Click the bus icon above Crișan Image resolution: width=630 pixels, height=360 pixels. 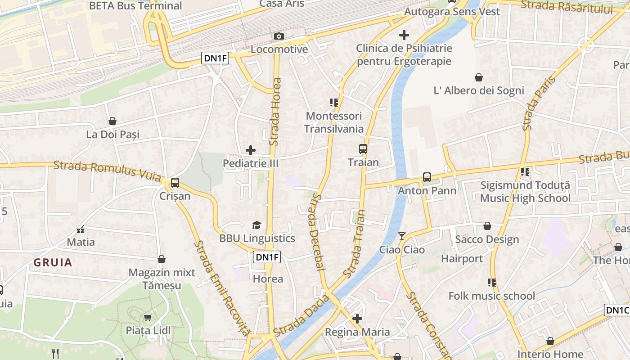coord(175,183)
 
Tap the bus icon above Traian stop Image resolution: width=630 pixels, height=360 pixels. coord(363,149)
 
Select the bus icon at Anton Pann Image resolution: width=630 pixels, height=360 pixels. coord(427,177)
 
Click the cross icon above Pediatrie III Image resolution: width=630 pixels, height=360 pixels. coord(251,150)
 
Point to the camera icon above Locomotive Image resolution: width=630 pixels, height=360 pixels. coord(279,36)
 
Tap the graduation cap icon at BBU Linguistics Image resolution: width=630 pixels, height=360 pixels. coord(256,225)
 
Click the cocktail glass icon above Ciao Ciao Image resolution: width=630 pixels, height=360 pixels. coord(402,236)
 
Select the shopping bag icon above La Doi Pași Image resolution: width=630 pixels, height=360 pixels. coord(112,121)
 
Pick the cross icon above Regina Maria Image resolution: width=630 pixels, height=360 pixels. coord(357,319)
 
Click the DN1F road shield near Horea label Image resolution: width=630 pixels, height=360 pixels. coord(267,257)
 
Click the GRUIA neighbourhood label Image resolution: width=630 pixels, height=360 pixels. coord(53,263)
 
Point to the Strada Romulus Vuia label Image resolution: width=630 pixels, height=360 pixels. coord(107,171)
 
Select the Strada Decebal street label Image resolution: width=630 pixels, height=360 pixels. coord(316,232)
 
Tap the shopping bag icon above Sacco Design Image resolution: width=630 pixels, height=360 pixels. coord(487,226)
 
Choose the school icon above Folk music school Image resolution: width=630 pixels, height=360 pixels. coord(492,283)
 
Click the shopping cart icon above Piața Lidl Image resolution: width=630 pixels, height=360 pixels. coord(148,317)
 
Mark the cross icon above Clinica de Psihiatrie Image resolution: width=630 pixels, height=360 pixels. coord(404,35)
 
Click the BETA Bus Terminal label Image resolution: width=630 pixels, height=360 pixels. coord(135,6)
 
